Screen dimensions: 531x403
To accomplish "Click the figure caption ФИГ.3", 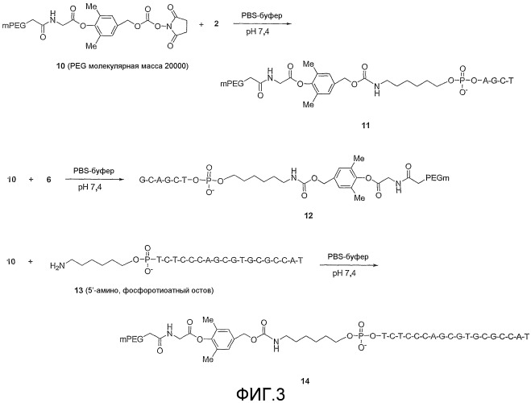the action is [x=260, y=394].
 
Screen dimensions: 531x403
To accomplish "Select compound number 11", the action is [x=366, y=126].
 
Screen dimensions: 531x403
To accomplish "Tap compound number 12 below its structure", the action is [x=309, y=215].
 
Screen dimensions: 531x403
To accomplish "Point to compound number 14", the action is [x=305, y=381].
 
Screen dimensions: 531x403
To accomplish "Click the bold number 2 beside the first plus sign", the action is [x=217, y=24].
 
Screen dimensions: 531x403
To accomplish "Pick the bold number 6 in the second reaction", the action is [x=49, y=179].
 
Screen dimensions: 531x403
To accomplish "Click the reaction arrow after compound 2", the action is [x=262, y=24].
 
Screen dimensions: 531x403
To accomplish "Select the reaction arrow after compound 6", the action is [x=93, y=179].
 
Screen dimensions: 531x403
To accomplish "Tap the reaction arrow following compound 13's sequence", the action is [x=348, y=266].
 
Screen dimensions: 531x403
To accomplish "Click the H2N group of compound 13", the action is [x=56, y=266].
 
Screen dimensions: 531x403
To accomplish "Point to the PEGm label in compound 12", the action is [x=438, y=177].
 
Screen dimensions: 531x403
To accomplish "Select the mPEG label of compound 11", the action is [x=232, y=83].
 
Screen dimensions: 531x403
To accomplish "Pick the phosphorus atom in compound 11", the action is [x=463, y=81].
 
